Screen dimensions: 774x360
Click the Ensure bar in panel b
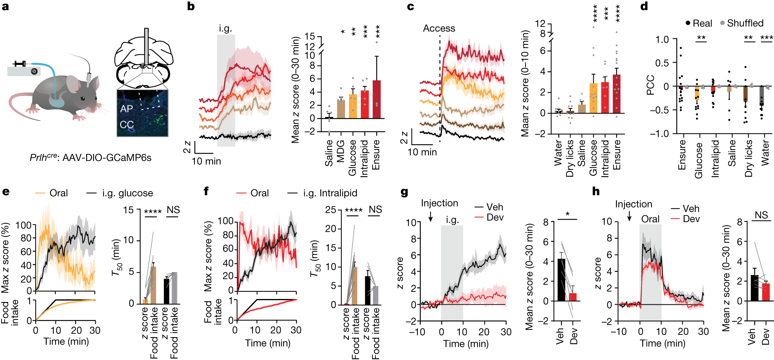376,99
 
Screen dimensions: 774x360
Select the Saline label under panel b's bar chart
329,153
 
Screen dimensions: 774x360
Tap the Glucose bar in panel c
593,98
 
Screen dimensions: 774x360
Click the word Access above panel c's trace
439,28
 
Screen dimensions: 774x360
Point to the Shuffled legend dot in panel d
722,23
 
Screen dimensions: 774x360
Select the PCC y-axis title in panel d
650,85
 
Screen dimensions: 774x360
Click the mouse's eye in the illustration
84,98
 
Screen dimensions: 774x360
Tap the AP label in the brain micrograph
126,109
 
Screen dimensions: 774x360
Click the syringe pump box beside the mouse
24,71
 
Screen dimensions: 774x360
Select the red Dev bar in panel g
573,297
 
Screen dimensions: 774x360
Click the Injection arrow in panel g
431,216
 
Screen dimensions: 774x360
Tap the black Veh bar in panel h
754,288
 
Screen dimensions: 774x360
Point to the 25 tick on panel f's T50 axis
331,210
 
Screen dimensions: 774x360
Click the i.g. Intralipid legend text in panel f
330,193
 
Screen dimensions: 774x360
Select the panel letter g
404,192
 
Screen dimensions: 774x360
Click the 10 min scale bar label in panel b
206,161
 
